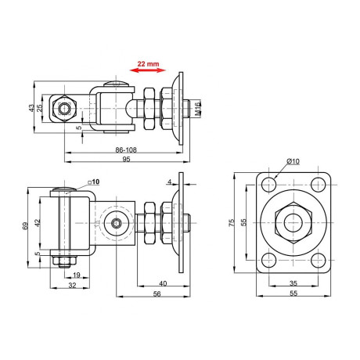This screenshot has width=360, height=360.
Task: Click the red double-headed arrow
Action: (x=146, y=70)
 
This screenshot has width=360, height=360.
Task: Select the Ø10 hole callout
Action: (x=293, y=162)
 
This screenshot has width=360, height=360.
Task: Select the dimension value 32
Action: (x=71, y=287)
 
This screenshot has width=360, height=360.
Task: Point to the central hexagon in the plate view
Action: (x=292, y=222)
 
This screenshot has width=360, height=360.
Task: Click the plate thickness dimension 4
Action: (x=169, y=182)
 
